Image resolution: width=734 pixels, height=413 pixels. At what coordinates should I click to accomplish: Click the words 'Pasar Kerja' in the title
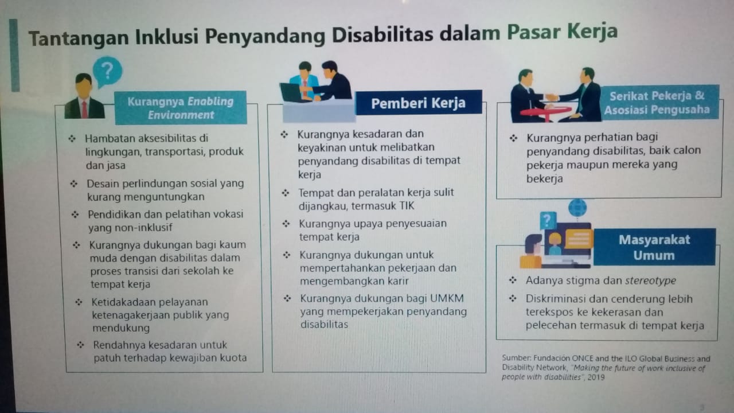click(x=562, y=32)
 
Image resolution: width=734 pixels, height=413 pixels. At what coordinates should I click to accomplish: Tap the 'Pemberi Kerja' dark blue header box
click(x=419, y=103)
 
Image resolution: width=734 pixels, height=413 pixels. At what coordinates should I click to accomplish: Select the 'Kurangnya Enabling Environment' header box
click(x=181, y=108)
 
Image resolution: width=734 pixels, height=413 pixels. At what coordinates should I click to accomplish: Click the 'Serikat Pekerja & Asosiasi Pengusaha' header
click(x=657, y=103)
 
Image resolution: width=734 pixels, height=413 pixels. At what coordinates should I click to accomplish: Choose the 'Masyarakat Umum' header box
click(x=654, y=247)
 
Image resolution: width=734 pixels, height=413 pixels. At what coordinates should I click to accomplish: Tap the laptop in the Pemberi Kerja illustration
click(x=292, y=92)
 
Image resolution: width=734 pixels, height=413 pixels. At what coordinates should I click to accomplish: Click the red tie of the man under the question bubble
click(x=84, y=110)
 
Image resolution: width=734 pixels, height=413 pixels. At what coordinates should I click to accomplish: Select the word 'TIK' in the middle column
click(x=407, y=206)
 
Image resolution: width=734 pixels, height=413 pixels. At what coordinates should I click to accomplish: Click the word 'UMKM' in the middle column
click(x=447, y=298)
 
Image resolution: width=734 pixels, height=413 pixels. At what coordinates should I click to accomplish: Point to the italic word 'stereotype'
click(x=650, y=280)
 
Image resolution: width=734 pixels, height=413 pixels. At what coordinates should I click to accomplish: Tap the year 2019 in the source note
click(x=596, y=377)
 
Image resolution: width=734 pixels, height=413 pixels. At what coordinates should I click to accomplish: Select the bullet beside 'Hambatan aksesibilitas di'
click(x=72, y=139)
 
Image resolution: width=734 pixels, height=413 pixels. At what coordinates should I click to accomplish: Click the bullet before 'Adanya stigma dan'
click(x=513, y=280)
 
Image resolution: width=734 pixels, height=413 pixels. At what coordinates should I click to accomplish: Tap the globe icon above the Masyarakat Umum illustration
click(x=577, y=208)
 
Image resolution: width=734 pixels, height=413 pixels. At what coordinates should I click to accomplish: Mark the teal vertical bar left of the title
click(x=14, y=55)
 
